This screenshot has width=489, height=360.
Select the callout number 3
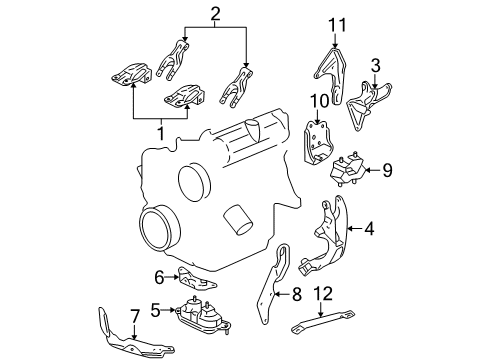click(374, 66)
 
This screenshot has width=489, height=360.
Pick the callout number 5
click(156, 311)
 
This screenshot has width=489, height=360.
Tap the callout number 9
click(387, 170)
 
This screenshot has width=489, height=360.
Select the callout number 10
click(319, 101)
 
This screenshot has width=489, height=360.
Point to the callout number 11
click(338, 24)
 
